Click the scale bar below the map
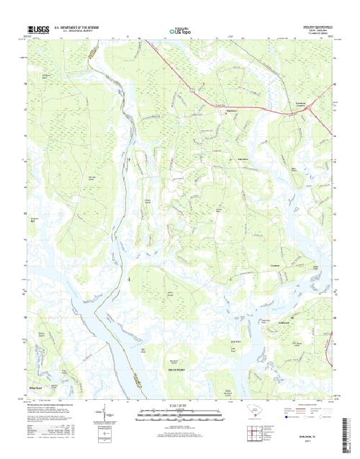click(x=179, y=415)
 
